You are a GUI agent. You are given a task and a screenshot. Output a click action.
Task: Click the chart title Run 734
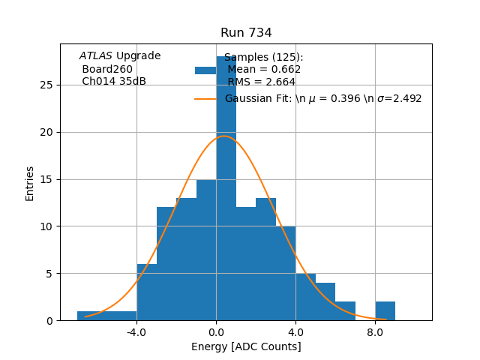click(x=246, y=33)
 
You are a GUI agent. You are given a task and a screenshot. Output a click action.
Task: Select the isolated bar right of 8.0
click(x=385, y=310)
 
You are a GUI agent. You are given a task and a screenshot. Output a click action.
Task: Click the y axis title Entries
click(x=30, y=183)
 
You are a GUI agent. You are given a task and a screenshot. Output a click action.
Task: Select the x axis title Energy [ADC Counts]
click(x=246, y=346)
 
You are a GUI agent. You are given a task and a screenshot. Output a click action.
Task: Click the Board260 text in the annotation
click(x=107, y=69)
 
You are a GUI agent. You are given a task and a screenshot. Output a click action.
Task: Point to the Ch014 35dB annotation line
click(x=114, y=81)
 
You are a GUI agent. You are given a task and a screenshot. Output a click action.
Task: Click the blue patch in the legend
click(x=205, y=70)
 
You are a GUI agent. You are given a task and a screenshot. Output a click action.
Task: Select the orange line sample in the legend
click(x=205, y=98)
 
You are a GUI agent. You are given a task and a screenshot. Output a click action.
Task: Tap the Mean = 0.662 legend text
click(x=264, y=70)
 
